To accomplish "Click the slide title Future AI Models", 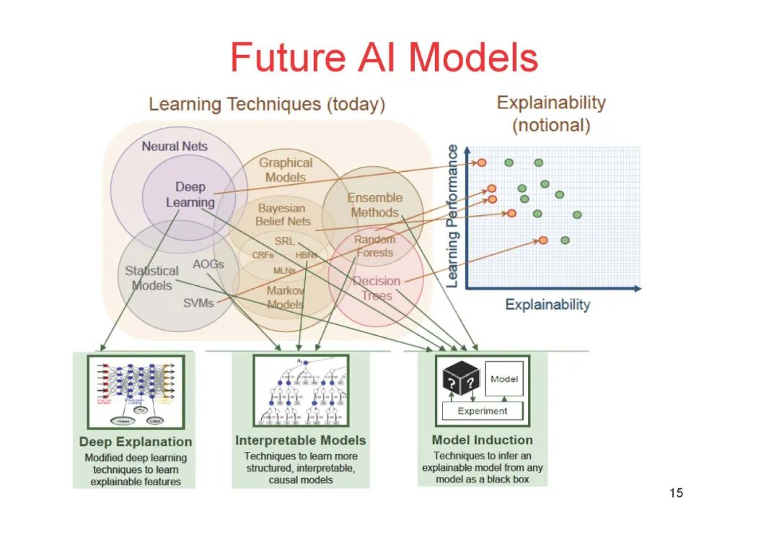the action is pyautogui.click(x=384, y=58).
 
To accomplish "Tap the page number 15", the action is pyautogui.click(x=675, y=493).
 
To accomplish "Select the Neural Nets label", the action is pyautogui.click(x=175, y=146).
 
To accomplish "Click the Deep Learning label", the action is pyautogui.click(x=190, y=195).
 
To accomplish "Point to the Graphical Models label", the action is pyautogui.click(x=286, y=170).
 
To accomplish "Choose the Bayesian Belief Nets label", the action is pyautogui.click(x=283, y=214).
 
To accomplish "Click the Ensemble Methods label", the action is pyautogui.click(x=374, y=205).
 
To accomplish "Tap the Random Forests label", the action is pyautogui.click(x=374, y=246).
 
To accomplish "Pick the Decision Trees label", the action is pyautogui.click(x=377, y=288).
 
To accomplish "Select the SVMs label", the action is pyautogui.click(x=198, y=303).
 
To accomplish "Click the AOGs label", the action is pyautogui.click(x=208, y=264).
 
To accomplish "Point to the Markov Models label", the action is pyautogui.click(x=286, y=297).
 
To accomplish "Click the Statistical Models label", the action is pyautogui.click(x=151, y=278).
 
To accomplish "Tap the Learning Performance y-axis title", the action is pyautogui.click(x=453, y=215).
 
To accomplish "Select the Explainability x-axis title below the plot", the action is pyautogui.click(x=547, y=304).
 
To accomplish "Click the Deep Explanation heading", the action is pyautogui.click(x=136, y=442).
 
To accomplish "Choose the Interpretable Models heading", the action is pyautogui.click(x=300, y=440).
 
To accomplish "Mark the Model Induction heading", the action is pyautogui.click(x=483, y=440).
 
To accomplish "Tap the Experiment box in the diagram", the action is pyautogui.click(x=483, y=411).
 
